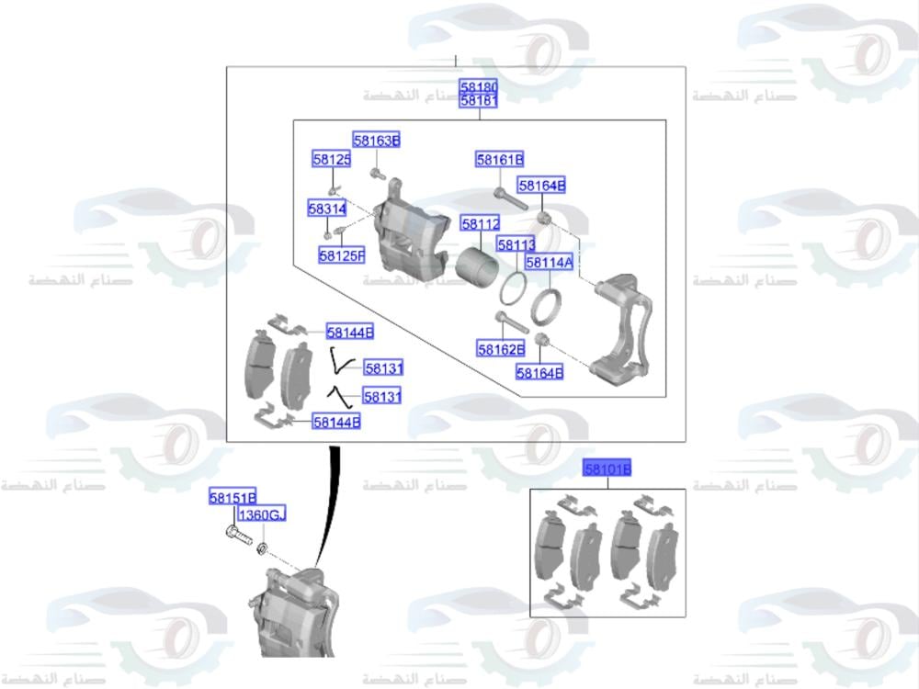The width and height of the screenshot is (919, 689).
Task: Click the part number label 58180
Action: click(x=479, y=86)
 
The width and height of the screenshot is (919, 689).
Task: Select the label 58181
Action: click(x=479, y=100)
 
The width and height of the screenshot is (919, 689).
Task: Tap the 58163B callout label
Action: click(x=377, y=141)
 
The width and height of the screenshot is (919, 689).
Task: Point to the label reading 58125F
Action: click(x=342, y=255)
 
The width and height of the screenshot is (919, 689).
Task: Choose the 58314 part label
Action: click(x=326, y=209)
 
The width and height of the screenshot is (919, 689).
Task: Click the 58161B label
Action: click(x=499, y=160)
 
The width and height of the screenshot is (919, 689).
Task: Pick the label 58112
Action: click(x=480, y=224)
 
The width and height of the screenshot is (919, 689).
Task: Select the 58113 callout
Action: click(x=516, y=244)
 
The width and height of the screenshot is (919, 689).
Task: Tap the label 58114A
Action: click(x=550, y=263)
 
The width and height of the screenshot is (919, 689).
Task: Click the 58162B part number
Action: click(x=500, y=349)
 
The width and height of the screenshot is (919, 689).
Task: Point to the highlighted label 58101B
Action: click(x=608, y=470)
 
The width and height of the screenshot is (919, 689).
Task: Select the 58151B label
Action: click(x=232, y=498)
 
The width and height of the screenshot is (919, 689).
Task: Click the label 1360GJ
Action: click(x=262, y=516)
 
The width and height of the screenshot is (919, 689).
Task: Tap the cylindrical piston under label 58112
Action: click(x=478, y=266)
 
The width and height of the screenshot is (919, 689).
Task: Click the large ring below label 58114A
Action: click(x=548, y=307)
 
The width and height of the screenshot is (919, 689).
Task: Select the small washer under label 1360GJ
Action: click(x=262, y=548)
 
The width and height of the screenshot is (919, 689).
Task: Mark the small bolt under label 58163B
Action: click(x=377, y=173)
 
